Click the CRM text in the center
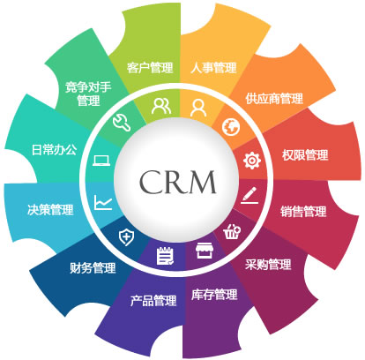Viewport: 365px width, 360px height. tap(177, 182)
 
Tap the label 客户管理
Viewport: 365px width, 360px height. tap(150, 68)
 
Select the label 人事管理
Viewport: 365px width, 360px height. tap(213, 68)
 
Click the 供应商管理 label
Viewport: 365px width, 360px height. tap(274, 99)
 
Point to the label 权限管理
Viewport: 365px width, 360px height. tap(305, 155)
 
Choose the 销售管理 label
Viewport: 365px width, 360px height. tap(303, 212)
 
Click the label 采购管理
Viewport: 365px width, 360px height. tap(268, 265)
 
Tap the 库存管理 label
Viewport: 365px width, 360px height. tap(214, 295)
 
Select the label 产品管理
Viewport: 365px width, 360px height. tap(153, 301)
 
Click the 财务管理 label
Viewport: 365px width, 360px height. tap(93, 268)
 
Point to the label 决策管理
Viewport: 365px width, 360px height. tap(50, 210)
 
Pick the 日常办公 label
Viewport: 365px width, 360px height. tap(55, 150)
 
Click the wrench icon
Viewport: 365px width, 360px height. tap(122, 123)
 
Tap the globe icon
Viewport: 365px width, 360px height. tap(231, 127)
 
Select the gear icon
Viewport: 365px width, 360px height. tap(252, 161)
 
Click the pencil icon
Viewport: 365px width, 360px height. tap(250, 195)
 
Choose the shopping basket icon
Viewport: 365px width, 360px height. tap(232, 232)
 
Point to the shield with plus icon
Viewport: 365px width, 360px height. tap(126, 237)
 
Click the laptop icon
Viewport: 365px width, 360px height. tap(101, 161)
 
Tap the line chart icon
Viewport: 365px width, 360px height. tap(103, 202)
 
